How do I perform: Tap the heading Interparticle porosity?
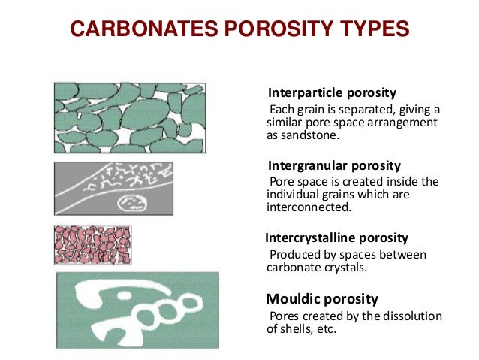click(332, 94)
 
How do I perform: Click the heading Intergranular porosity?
click(334, 165)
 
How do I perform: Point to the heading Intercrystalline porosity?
click(337, 237)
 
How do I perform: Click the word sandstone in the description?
click(310, 136)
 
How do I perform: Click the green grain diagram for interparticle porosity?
click(129, 118)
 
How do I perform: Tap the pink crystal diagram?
click(92, 245)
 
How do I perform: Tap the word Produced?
click(294, 255)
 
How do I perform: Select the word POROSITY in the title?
click(270, 29)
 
